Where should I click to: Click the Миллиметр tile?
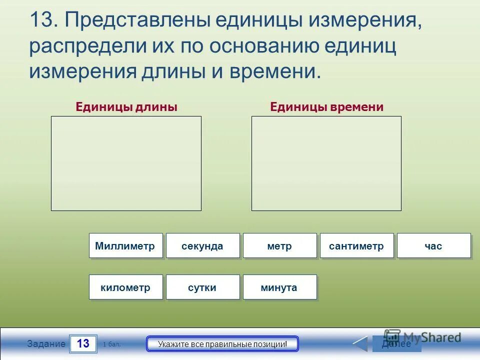tap(125, 246)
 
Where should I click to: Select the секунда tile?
tap(202, 246)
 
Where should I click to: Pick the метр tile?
tap(279, 246)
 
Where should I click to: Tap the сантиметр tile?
tap(356, 246)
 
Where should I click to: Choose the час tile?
tap(433, 246)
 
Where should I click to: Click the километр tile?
tap(125, 287)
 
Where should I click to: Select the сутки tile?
tap(202, 287)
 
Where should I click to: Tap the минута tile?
tap(279, 287)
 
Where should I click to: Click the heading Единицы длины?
tap(126, 107)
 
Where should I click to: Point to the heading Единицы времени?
tap(326, 107)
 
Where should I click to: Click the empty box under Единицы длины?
tap(126, 163)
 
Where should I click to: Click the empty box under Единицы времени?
tap(326, 163)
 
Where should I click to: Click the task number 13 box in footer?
tap(83, 344)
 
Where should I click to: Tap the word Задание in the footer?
tap(46, 344)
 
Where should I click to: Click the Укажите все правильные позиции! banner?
tap(222, 344)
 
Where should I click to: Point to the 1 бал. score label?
tap(111, 344)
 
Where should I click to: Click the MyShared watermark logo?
tap(422, 337)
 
